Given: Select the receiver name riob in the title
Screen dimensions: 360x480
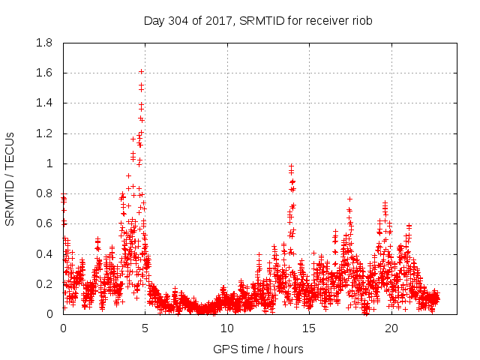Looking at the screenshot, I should pyautogui.click(x=361, y=21).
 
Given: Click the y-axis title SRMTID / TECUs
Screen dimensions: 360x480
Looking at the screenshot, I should pyautogui.click(x=10, y=178).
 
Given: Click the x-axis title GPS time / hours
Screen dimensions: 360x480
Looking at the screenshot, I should pyautogui.click(x=258, y=349).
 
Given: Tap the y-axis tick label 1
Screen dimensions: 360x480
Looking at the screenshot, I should pyautogui.click(x=49, y=163).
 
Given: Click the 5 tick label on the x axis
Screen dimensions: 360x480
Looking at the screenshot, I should pyautogui.click(x=145, y=328).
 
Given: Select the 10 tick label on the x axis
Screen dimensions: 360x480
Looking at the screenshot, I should pyautogui.click(x=227, y=328).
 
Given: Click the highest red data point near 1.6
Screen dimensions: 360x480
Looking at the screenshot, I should pyautogui.click(x=141, y=71).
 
